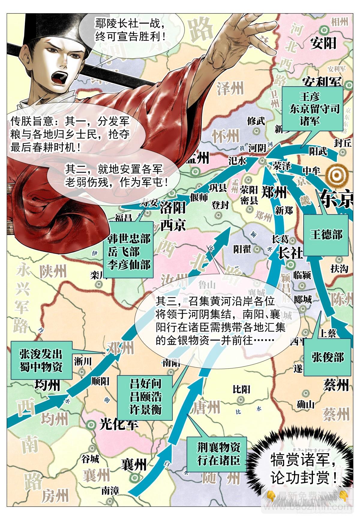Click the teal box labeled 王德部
(326, 234)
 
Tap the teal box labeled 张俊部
(327, 357)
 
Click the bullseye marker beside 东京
(337, 174)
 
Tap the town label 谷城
(90, 459)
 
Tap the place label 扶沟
(339, 269)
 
